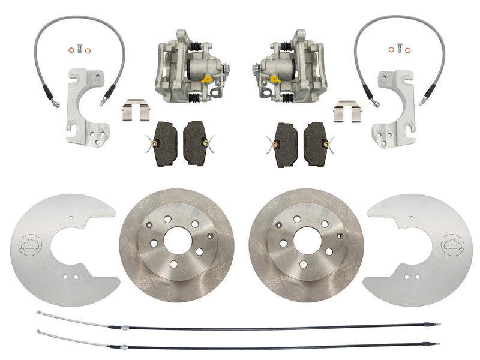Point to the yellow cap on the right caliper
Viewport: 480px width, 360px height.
pos(274,77)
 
